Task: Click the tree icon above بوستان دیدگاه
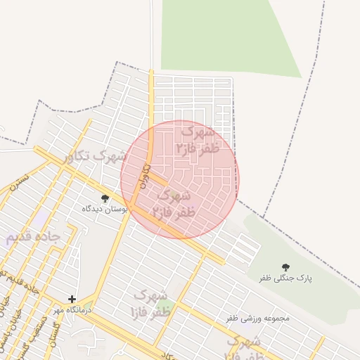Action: point(105,199)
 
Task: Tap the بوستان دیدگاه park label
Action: point(105,209)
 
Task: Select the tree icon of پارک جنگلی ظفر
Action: point(285,267)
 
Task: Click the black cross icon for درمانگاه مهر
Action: point(72,299)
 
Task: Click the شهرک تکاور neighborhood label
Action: point(94,155)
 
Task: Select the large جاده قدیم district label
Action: point(33,237)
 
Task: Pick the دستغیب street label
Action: point(40,330)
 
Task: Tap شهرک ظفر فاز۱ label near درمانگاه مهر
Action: point(148,302)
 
